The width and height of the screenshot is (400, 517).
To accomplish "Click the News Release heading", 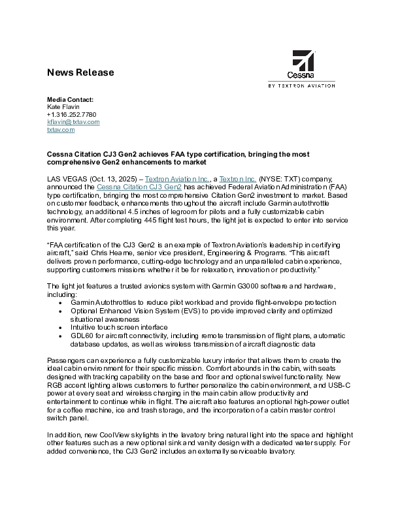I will (80, 72).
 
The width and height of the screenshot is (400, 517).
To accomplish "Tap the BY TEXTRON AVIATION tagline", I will (302, 86).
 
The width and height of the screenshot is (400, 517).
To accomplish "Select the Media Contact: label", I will (70, 99).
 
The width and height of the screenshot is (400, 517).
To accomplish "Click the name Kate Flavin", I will (63, 106).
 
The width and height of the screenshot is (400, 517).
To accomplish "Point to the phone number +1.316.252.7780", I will (72, 114).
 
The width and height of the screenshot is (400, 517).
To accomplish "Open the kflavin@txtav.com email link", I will (73, 122).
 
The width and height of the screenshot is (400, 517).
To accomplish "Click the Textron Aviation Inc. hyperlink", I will (177, 178).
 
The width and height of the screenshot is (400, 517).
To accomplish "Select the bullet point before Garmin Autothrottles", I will (61, 303).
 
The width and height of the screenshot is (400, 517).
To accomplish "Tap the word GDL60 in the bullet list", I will (82, 336).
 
